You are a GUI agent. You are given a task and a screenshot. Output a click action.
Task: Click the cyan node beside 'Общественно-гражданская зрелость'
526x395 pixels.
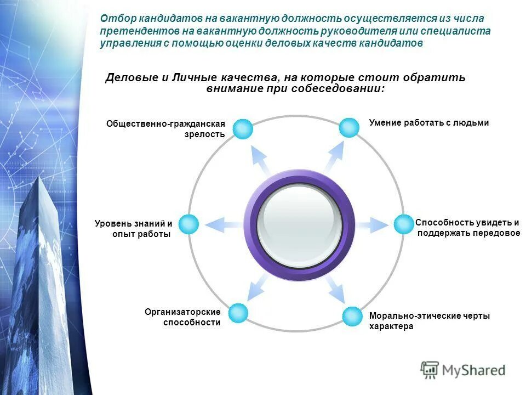243,129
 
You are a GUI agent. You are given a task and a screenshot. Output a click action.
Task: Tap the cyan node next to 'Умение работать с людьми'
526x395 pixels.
348,127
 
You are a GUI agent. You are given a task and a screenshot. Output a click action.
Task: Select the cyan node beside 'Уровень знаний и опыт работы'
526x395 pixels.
188,224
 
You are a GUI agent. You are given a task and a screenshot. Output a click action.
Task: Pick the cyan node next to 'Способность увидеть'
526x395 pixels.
403,224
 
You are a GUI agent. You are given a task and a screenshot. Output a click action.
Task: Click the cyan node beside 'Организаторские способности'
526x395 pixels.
238,313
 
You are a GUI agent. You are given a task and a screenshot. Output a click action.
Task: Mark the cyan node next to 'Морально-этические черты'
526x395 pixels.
352,317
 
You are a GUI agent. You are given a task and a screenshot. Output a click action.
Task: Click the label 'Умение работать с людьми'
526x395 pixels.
428,123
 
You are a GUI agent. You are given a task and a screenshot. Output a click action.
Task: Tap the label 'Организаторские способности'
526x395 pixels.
183,317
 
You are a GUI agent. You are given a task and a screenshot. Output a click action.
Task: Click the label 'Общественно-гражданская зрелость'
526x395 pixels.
166,129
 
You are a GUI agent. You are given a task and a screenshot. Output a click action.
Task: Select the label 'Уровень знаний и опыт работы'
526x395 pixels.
134,229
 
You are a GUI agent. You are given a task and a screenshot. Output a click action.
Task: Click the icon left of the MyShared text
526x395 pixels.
430,370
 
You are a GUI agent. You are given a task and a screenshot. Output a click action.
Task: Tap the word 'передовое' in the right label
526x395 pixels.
496,234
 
